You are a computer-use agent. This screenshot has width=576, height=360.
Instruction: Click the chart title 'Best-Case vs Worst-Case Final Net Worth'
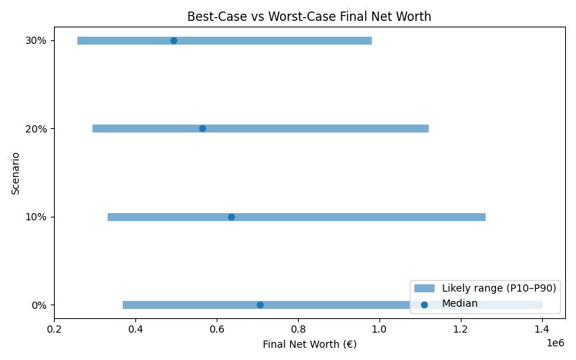309,17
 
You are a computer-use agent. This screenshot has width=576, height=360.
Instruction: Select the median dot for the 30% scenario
174,40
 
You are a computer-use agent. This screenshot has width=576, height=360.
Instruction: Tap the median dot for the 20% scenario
202,129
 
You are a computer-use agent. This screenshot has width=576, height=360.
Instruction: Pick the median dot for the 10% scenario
231,217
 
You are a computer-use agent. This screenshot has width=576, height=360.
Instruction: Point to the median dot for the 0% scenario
260,305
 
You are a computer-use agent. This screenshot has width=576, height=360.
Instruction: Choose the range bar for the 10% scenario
360,217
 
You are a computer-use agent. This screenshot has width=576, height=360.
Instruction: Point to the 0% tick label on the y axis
40,305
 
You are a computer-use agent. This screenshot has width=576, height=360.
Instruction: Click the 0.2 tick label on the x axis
54,330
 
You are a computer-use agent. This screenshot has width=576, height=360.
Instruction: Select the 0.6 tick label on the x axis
217,330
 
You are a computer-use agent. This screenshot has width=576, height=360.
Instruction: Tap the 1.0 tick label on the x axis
379,330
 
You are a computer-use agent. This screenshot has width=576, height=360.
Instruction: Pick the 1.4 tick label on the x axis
542,330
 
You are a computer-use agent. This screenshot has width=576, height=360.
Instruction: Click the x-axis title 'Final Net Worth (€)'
310,344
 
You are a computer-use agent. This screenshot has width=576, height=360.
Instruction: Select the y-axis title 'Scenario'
16,173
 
